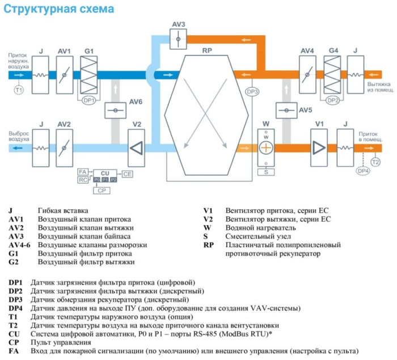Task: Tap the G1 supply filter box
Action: (x=89, y=75)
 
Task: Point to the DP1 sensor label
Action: (x=88, y=100)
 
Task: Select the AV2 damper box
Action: (x=64, y=147)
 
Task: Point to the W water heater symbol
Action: (x=266, y=147)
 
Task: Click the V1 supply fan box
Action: (x=319, y=147)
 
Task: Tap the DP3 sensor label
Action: (x=252, y=91)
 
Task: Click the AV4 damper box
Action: (x=307, y=75)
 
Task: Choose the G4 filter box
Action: (x=333, y=75)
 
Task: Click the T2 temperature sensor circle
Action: (x=375, y=162)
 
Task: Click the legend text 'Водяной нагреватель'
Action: (x=260, y=227)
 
